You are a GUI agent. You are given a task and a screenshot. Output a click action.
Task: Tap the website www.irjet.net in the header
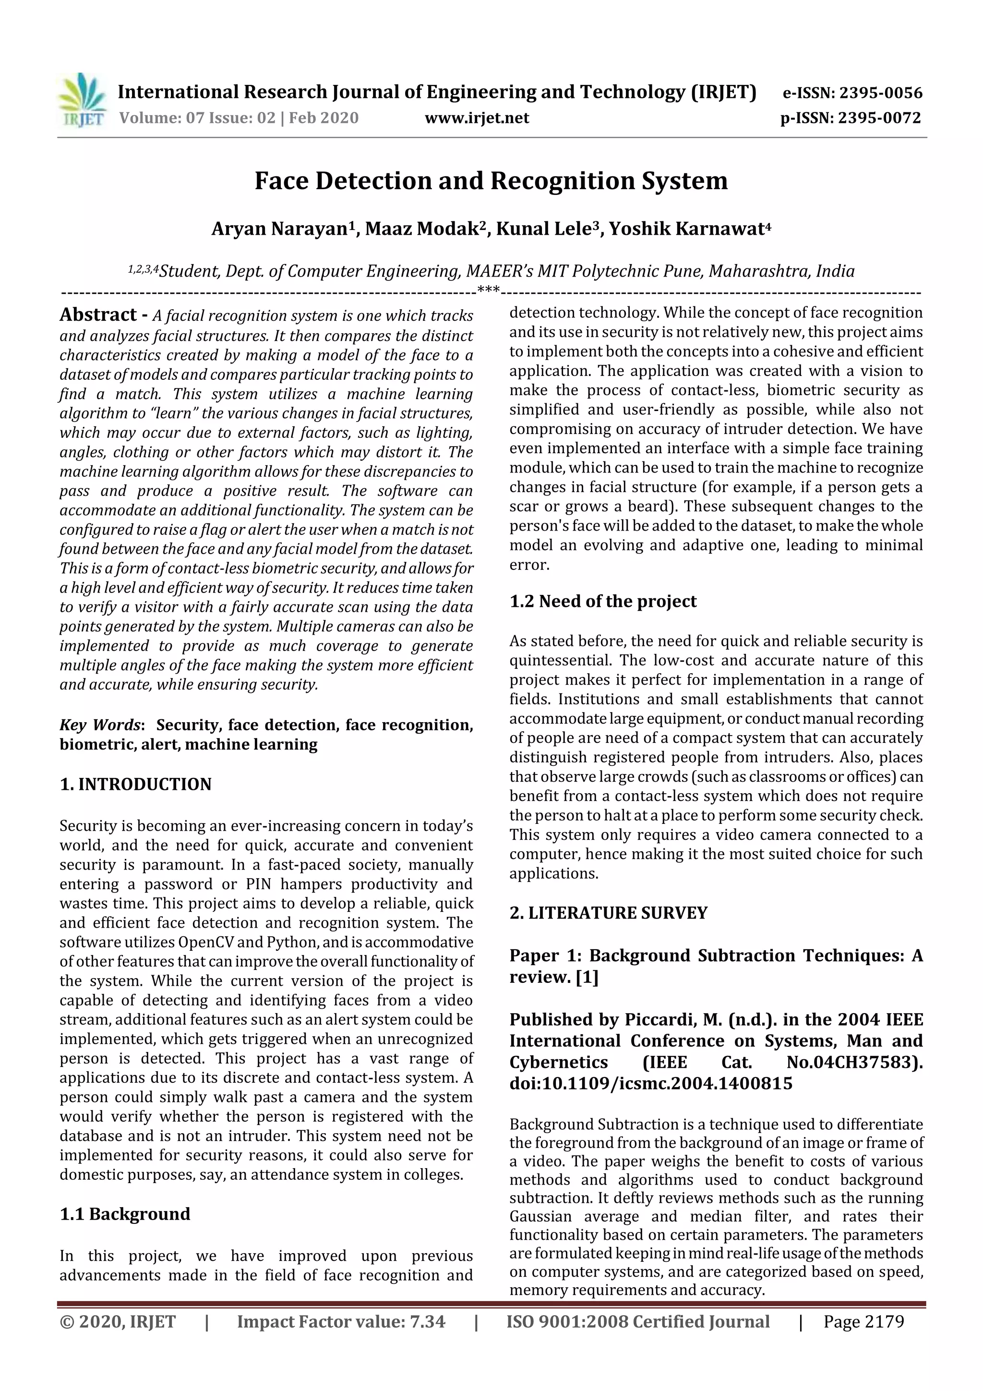click(477, 118)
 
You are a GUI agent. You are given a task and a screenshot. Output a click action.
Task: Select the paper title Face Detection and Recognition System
click(491, 181)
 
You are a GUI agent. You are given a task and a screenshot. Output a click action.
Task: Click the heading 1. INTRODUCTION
click(136, 784)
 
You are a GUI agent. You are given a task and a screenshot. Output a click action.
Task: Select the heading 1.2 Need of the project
click(603, 601)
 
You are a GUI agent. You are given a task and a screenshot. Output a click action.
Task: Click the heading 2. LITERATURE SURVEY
click(608, 912)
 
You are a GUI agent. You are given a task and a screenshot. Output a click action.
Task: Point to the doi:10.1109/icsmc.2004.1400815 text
click(650, 1083)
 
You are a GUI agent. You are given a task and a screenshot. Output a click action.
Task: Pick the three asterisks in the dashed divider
click(488, 290)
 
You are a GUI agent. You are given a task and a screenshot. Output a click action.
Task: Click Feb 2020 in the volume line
click(324, 118)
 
